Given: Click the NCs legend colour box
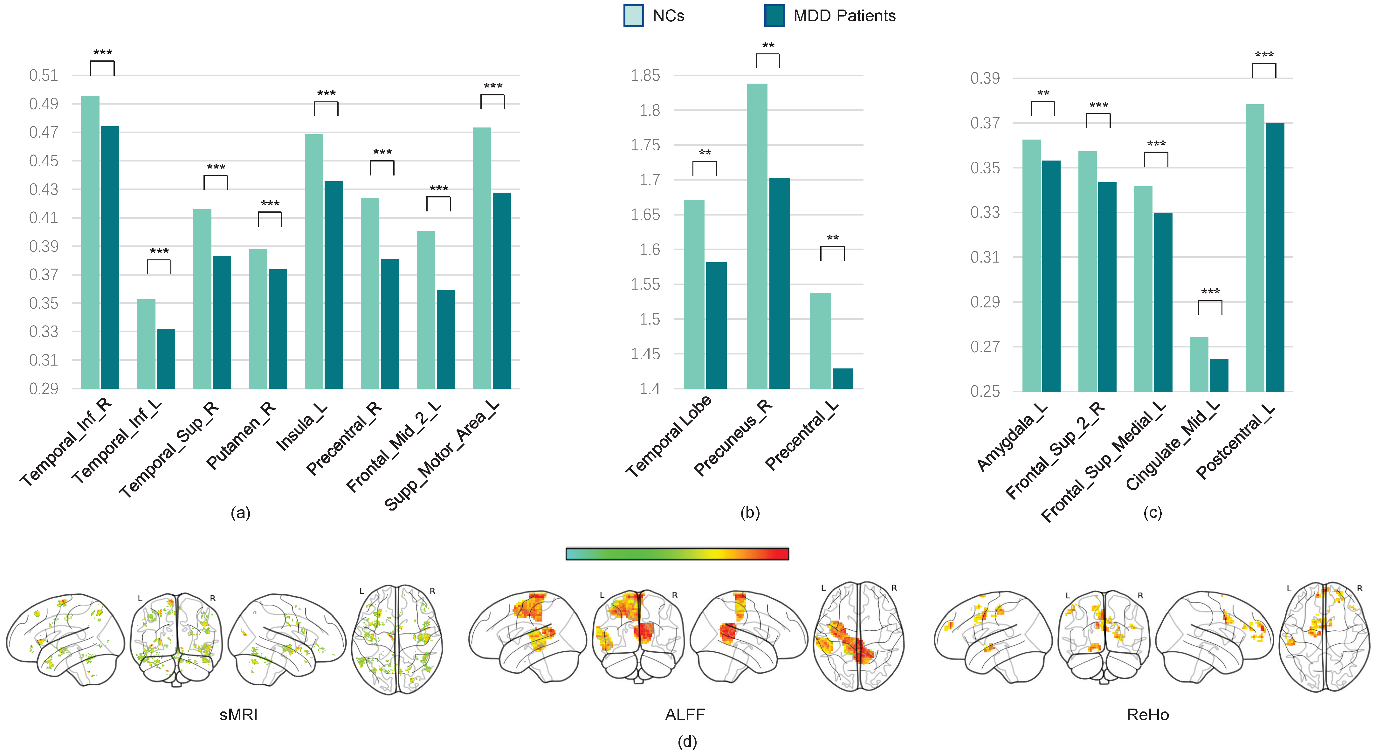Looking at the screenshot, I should click(x=634, y=16).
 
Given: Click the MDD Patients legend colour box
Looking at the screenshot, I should click(x=774, y=16).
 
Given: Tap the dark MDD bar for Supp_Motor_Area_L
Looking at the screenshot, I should click(x=502, y=291).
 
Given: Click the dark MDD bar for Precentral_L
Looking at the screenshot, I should click(x=843, y=378).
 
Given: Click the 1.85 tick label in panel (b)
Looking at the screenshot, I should click(x=645, y=75).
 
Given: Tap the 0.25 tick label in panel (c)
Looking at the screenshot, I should click(x=984, y=391).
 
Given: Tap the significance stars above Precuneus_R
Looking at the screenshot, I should click(x=768, y=45).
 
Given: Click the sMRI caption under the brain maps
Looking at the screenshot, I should click(x=238, y=714).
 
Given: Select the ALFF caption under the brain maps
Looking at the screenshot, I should click(x=685, y=714).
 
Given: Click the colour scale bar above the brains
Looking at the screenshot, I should click(x=677, y=554).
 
